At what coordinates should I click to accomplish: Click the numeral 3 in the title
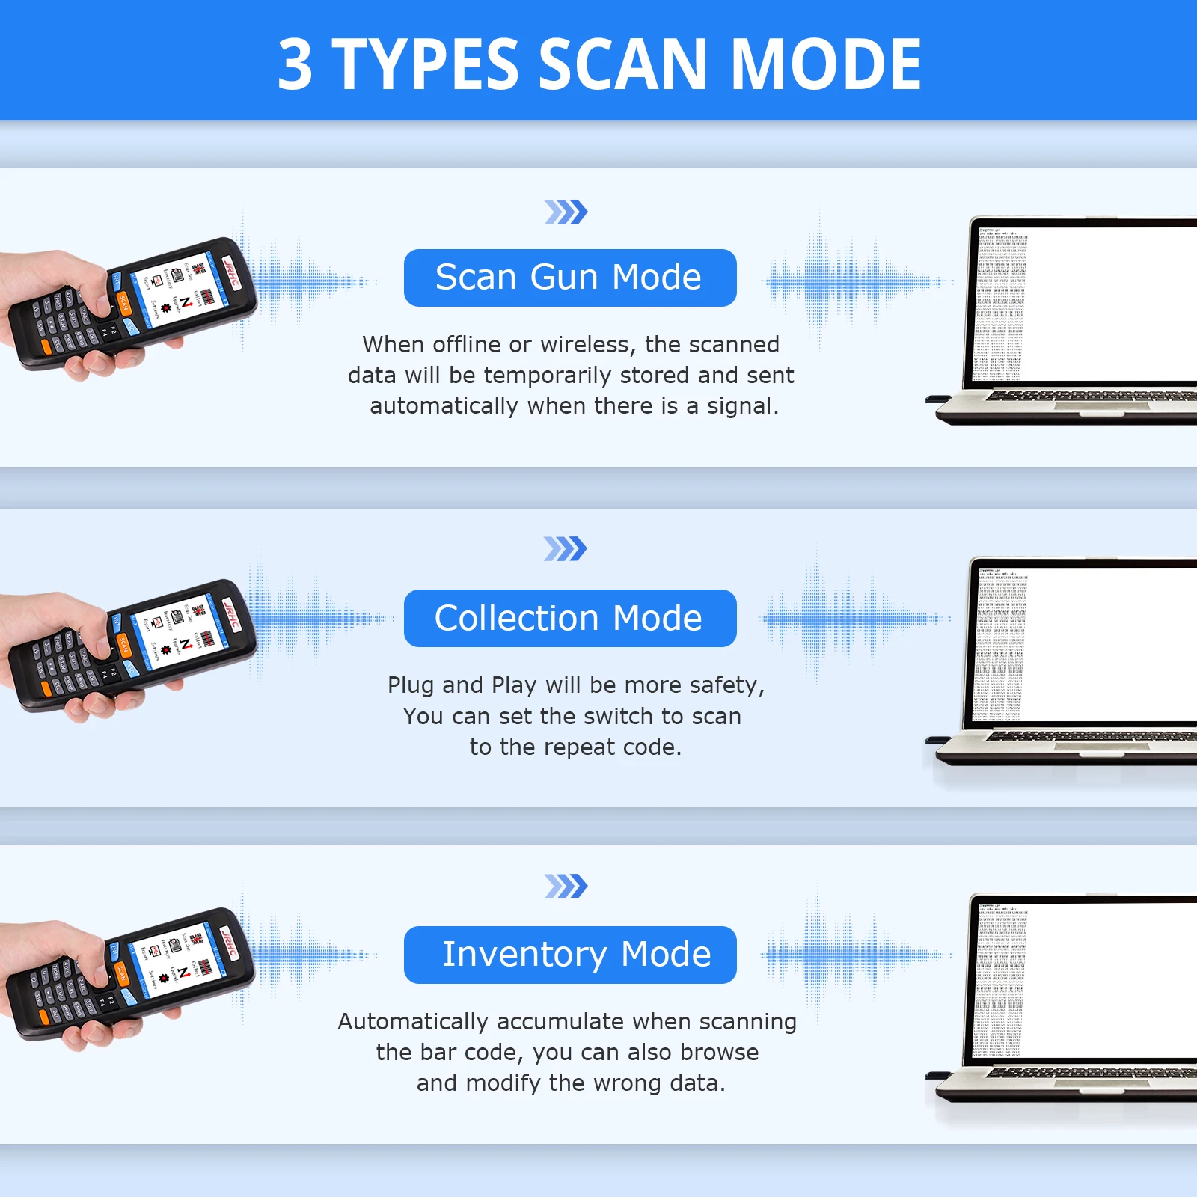pos(295,66)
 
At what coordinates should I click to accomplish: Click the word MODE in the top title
pos(825,66)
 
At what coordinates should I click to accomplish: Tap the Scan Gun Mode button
pos(569,278)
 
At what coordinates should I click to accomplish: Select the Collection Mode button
pos(569,618)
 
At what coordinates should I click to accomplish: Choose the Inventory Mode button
pos(569,955)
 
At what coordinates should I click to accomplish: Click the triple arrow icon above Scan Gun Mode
pos(566,212)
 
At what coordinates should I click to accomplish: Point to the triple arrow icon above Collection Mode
pos(566,549)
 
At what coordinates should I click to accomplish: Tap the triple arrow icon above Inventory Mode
pos(566,887)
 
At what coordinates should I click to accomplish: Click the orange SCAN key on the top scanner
pos(123,303)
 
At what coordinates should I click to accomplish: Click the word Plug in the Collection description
pos(411,685)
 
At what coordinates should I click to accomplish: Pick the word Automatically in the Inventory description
pos(413,1022)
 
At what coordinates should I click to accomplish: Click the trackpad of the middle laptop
pos(1101,746)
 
